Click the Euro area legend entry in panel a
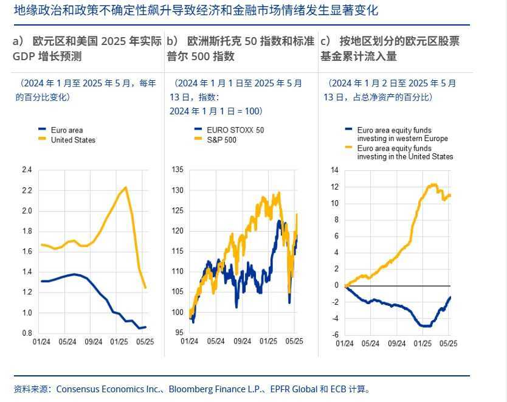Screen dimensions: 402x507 point(66,130)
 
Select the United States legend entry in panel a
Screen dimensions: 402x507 point(72,140)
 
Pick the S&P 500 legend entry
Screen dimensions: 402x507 point(221,140)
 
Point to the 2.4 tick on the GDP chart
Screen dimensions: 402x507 point(27,170)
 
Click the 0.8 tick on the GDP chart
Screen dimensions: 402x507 point(27,333)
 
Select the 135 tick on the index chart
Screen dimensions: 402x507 point(178,170)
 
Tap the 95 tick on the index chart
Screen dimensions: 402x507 point(179,333)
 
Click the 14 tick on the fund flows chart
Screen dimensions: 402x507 point(334,170)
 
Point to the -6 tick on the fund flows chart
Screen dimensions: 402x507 point(334,334)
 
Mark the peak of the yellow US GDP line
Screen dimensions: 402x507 point(125,187)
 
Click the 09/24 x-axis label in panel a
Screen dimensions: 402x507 point(94,342)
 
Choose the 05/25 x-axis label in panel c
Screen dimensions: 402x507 point(447,342)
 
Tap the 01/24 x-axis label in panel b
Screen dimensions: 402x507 point(190,342)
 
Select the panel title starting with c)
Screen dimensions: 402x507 point(390,49)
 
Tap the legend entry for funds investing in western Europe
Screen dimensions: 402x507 point(402,134)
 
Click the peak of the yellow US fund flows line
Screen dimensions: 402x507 point(433,184)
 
